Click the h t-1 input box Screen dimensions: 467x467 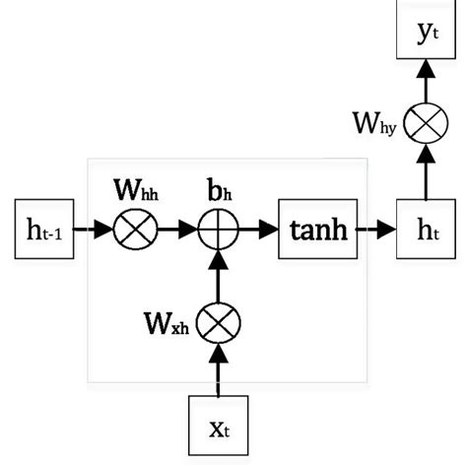click(43, 232)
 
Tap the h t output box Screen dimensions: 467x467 click(426, 232)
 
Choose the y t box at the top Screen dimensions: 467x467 click(426, 32)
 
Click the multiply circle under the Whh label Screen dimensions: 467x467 click(129, 233)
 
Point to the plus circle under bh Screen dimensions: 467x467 click(214, 233)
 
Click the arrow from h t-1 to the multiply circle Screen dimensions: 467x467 click(92, 233)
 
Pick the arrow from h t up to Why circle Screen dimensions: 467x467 click(426, 175)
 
